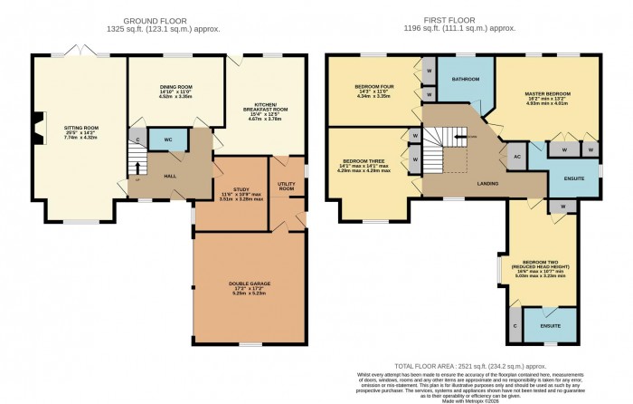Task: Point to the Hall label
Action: pos(169,175)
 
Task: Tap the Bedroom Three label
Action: pos(366,167)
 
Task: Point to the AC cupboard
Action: pos(516,156)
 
